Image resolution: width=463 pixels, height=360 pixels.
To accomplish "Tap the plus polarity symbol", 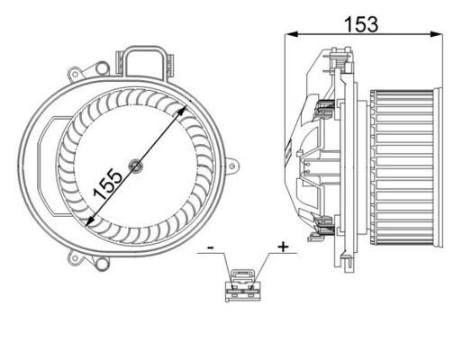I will click(x=284, y=246).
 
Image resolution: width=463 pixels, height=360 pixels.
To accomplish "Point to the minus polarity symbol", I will click(x=209, y=246).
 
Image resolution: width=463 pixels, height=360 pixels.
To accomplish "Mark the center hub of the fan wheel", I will click(x=135, y=165).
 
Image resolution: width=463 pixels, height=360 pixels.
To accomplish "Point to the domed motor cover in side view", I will click(x=303, y=166).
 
